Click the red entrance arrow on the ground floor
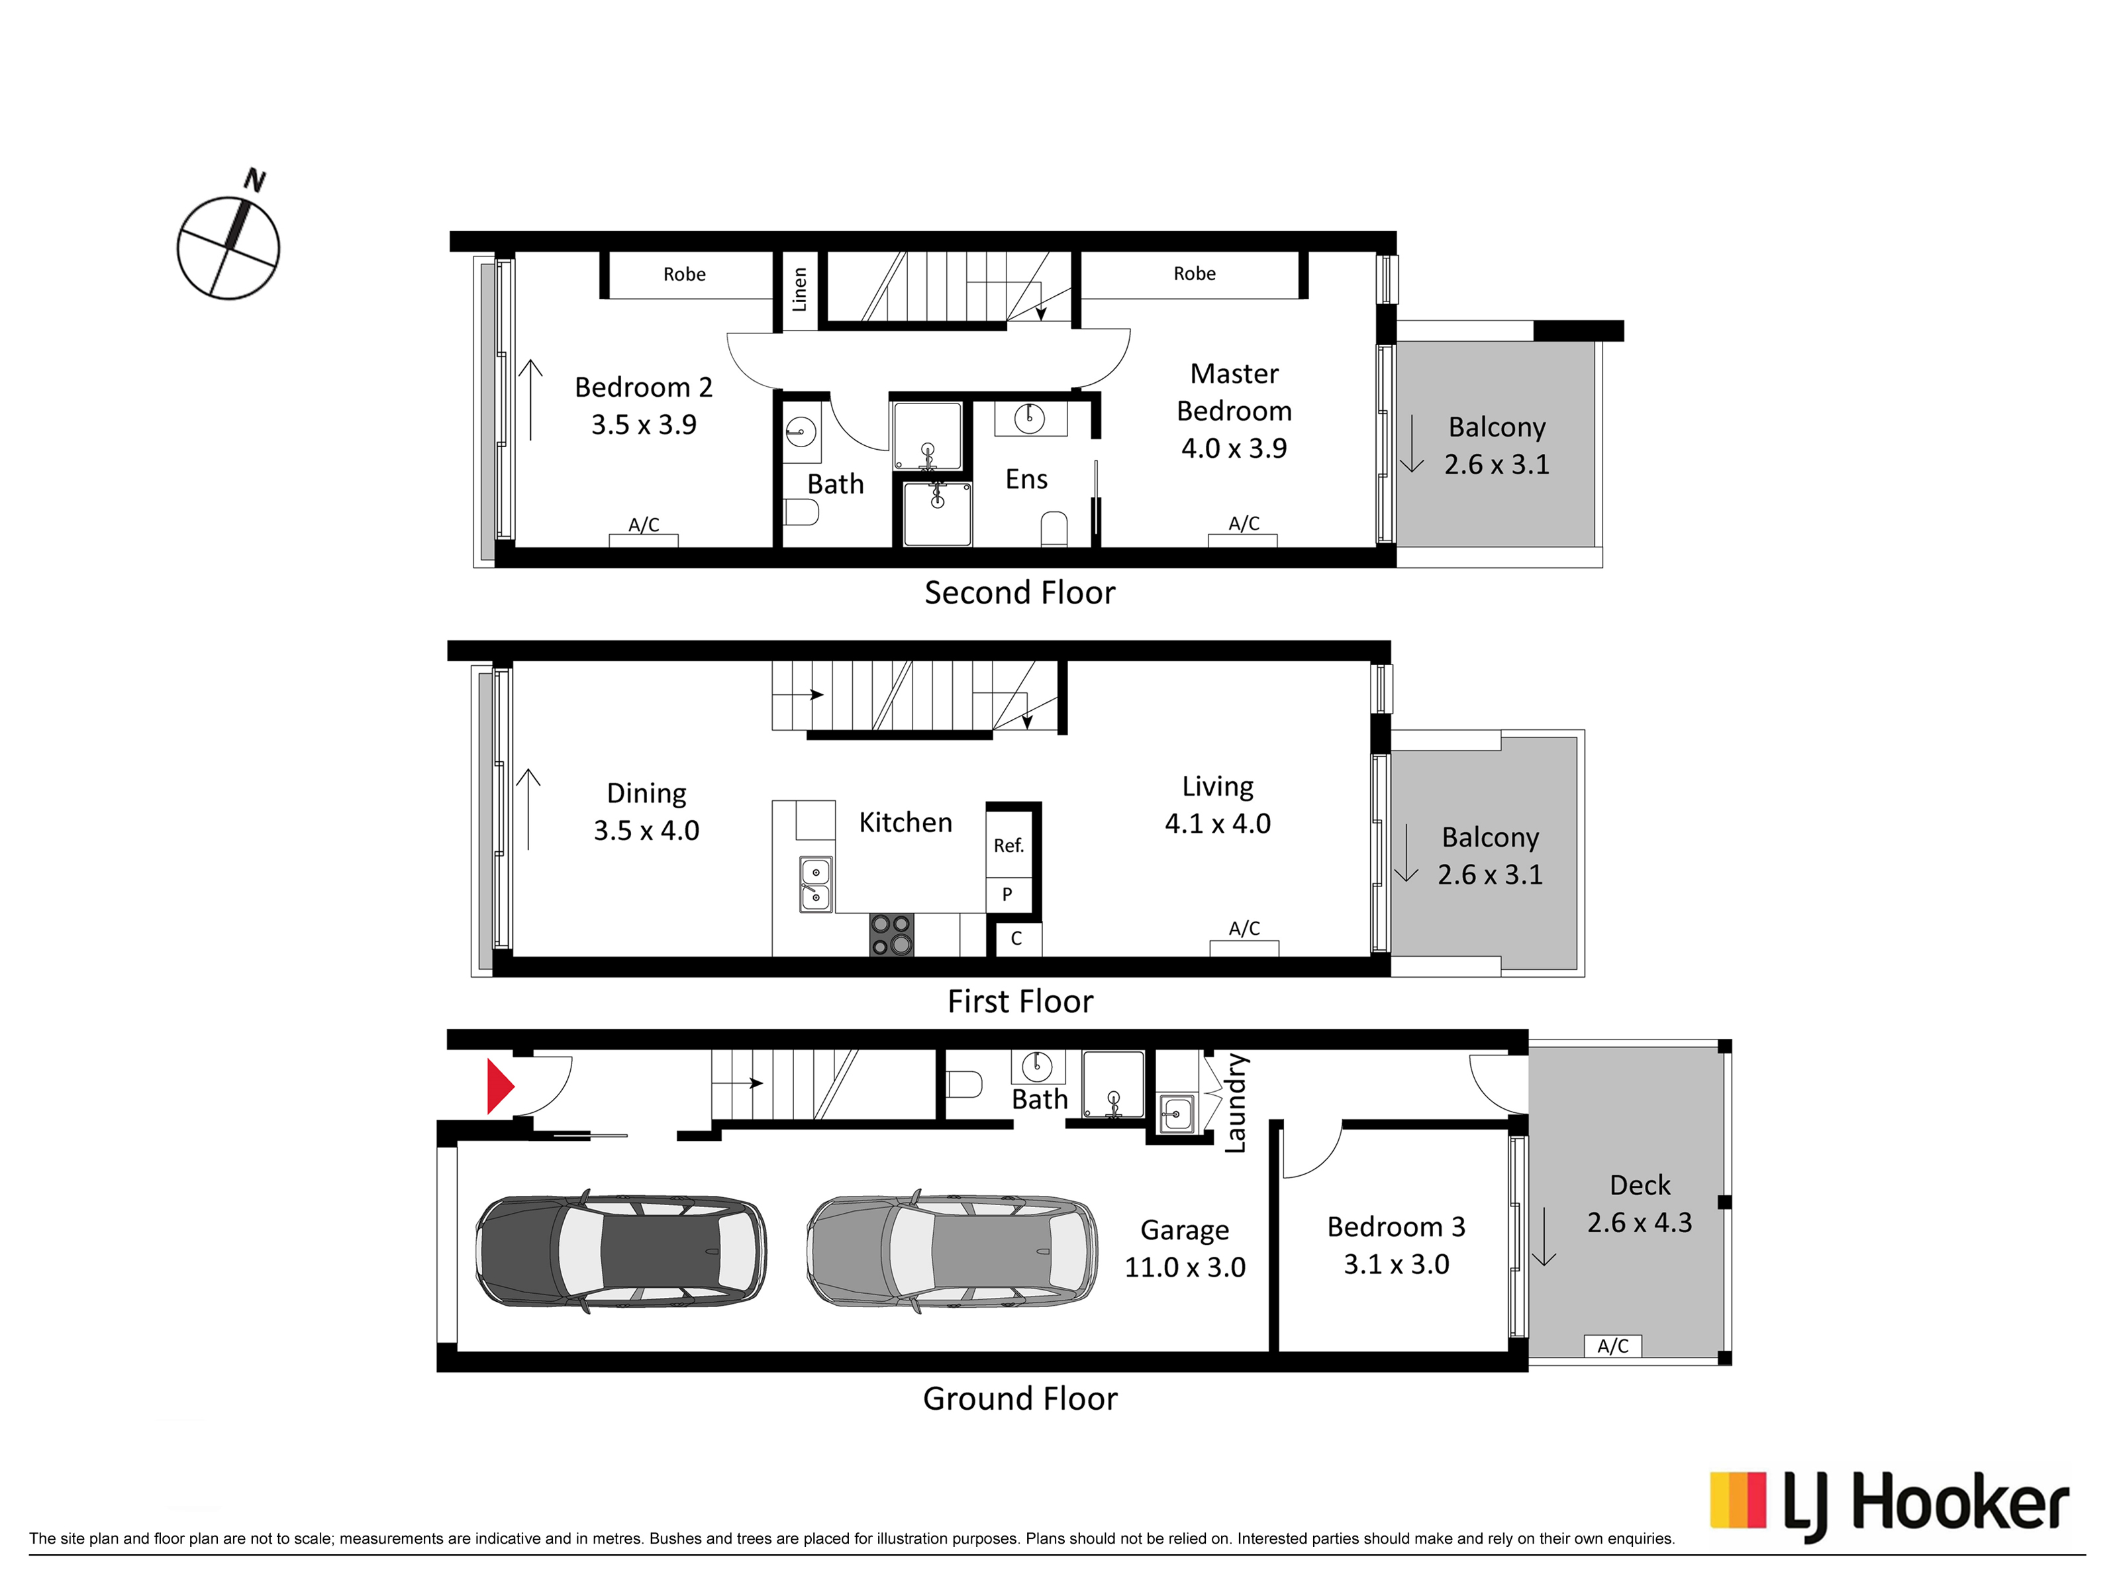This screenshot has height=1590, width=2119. [x=500, y=1086]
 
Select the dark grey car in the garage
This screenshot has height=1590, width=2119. [x=620, y=1251]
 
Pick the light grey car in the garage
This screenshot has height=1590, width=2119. [x=952, y=1251]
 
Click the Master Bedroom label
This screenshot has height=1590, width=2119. [x=1234, y=410]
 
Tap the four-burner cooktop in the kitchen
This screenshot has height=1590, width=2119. [x=891, y=934]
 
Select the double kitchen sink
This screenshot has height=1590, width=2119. [x=815, y=884]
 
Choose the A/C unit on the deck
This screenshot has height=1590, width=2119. [x=1613, y=1346]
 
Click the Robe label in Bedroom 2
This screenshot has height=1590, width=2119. [x=684, y=274]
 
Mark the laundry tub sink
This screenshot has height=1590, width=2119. [x=1176, y=1114]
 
